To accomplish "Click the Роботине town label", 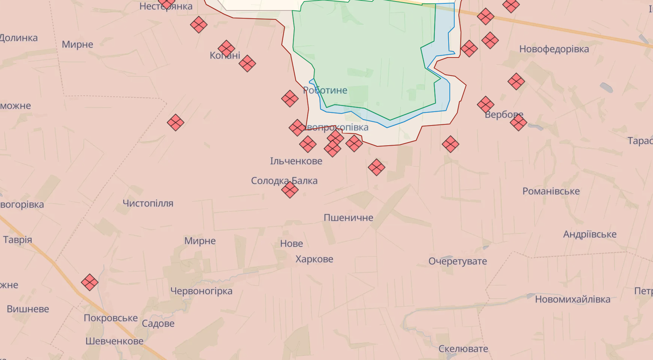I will click(325, 90).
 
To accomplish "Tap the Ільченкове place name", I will click(296, 161).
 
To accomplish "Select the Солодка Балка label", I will click(284, 181).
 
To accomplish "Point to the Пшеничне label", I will click(348, 218).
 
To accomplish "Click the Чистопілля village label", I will click(148, 204).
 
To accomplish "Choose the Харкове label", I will click(314, 259).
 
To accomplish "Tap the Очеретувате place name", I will click(458, 261).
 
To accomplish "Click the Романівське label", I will click(551, 191).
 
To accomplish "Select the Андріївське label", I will click(589, 234).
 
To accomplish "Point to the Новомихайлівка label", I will click(572, 299).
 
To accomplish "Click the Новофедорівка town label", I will click(554, 49).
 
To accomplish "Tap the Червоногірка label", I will click(201, 291).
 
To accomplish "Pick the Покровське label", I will click(111, 318).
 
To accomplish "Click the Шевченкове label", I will click(114, 341).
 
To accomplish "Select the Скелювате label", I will click(463, 349).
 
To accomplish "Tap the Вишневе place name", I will click(28, 309).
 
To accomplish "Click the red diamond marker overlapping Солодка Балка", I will click(290, 190).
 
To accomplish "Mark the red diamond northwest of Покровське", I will click(90, 282).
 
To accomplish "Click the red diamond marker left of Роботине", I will click(290, 99).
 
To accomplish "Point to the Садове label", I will click(158, 323).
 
